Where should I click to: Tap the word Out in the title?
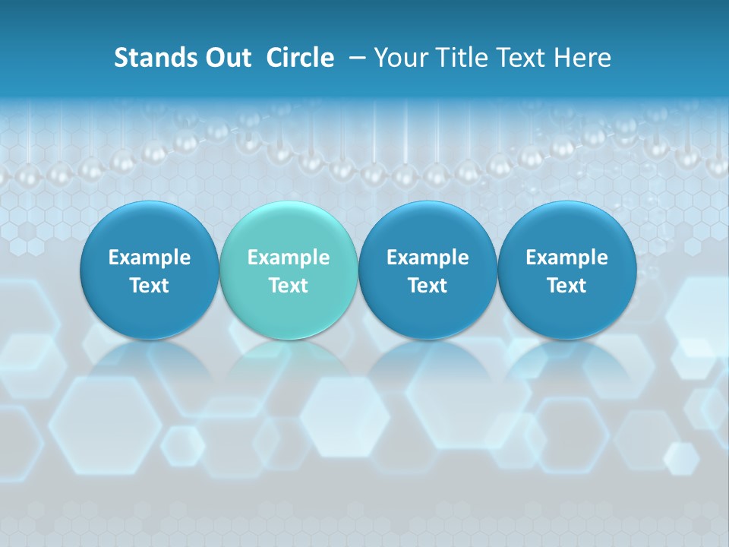(x=226, y=58)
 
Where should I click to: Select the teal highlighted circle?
(x=289, y=270)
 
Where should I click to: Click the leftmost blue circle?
(x=150, y=270)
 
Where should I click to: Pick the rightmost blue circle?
(x=566, y=270)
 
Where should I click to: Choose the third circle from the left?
(x=428, y=270)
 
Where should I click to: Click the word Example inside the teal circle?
(x=289, y=258)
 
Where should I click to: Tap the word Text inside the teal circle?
(x=289, y=286)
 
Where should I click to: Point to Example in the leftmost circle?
(x=150, y=258)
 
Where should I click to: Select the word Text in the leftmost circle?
(x=150, y=286)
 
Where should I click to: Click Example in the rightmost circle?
(x=566, y=258)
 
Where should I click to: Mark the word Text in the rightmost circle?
(x=566, y=286)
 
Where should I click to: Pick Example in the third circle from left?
(x=428, y=258)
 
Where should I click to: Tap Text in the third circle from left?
(x=428, y=286)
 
